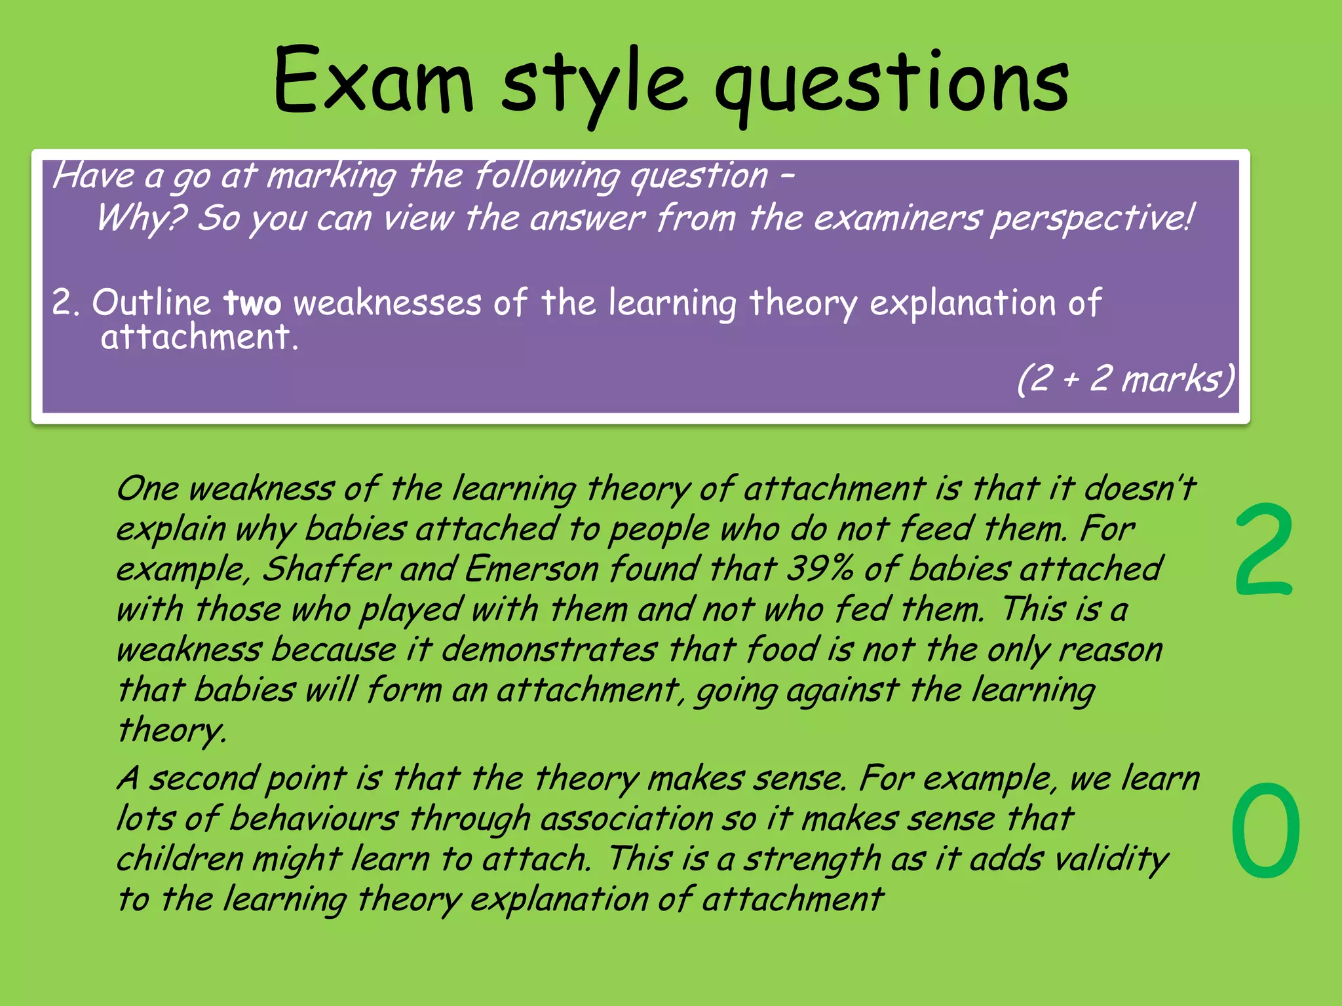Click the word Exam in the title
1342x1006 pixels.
point(372,82)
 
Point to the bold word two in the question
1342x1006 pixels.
point(252,303)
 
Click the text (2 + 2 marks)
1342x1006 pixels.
point(1125,379)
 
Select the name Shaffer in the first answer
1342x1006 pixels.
point(326,568)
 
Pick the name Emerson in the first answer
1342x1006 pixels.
point(531,568)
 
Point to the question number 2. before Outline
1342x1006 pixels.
point(66,303)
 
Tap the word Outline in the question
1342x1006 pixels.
point(151,303)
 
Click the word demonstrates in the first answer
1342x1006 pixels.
point(549,650)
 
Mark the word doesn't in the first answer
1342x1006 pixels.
point(1140,489)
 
